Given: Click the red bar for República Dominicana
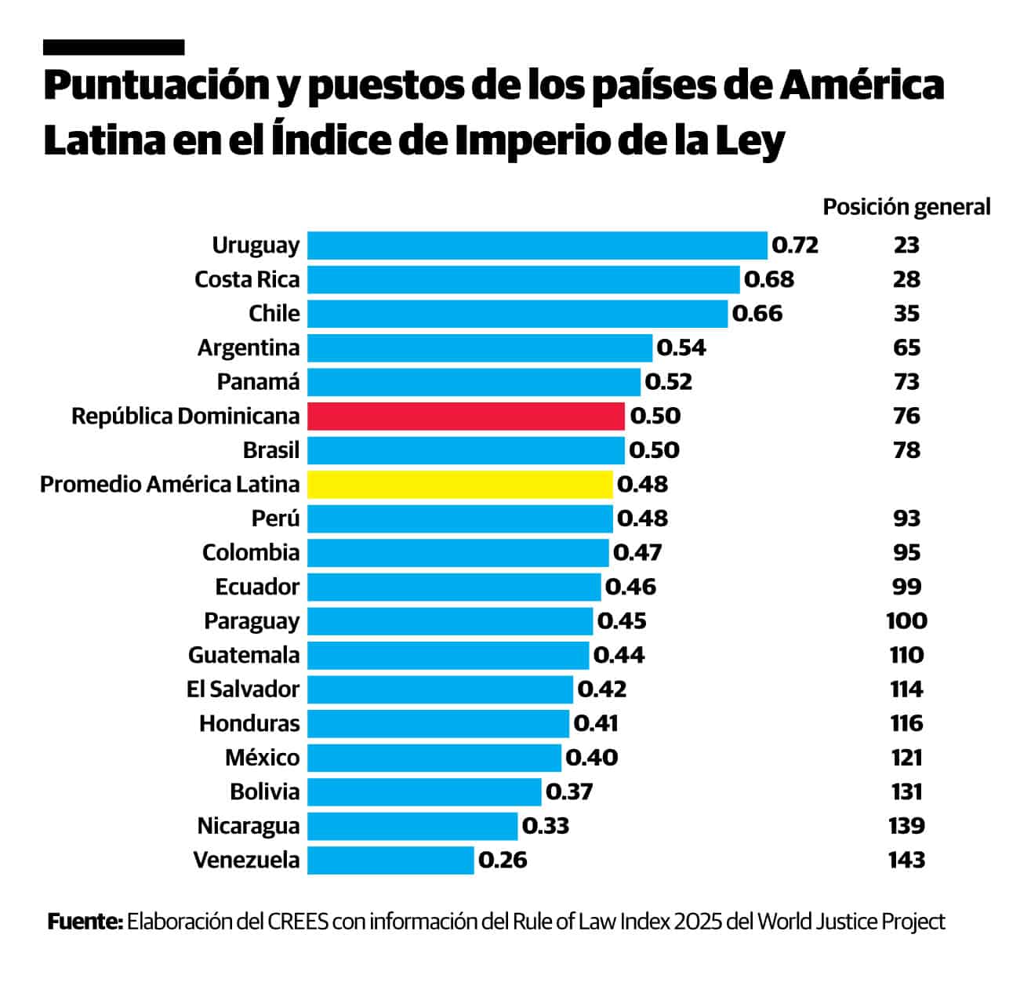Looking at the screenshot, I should click(x=466, y=416).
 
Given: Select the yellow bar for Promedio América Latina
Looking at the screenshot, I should click(x=459, y=484).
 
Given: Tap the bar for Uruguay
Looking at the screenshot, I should click(x=537, y=245).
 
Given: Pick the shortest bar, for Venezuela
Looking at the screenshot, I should click(x=390, y=860).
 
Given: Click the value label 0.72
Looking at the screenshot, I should click(x=795, y=245).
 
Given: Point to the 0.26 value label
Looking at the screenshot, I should click(x=503, y=860).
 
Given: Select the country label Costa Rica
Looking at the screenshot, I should click(x=247, y=279).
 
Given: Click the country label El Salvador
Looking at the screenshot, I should click(x=243, y=689).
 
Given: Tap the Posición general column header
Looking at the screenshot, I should click(x=906, y=207).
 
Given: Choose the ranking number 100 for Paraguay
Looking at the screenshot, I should click(x=906, y=620).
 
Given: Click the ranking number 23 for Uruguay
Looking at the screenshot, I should click(x=906, y=245).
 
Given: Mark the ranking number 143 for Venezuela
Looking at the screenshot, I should click(x=906, y=860).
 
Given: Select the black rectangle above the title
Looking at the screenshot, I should click(x=114, y=48).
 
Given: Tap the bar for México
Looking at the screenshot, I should click(x=434, y=758).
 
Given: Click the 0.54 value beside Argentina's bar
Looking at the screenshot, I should click(x=681, y=347).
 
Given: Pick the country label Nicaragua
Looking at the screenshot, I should click(x=249, y=826).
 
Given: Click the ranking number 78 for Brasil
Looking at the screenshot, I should click(x=906, y=450).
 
